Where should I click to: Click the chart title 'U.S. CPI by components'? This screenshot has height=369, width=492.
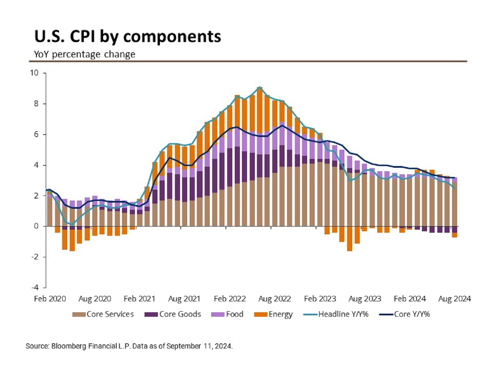coord(128,37)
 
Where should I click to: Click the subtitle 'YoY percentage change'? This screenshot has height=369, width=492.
coord(84,54)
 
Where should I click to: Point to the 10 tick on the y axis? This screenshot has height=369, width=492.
coord(34,73)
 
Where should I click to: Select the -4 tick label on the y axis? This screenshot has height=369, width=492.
coord(35,287)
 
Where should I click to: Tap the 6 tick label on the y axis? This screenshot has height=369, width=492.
coord(36,134)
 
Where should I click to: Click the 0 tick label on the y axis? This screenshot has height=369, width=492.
coord(36,226)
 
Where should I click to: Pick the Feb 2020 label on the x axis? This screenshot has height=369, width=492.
coord(50,299)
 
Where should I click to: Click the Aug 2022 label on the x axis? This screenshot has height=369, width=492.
coord(274,299)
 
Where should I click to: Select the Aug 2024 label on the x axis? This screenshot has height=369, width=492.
coord(454,299)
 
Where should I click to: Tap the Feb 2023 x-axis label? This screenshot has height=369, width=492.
coord(320,299)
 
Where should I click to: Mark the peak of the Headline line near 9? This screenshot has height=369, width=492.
coord(260,87)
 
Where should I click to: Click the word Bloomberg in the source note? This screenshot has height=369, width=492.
coord(69,346)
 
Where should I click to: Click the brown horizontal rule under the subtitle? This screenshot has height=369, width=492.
coord(248,61)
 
